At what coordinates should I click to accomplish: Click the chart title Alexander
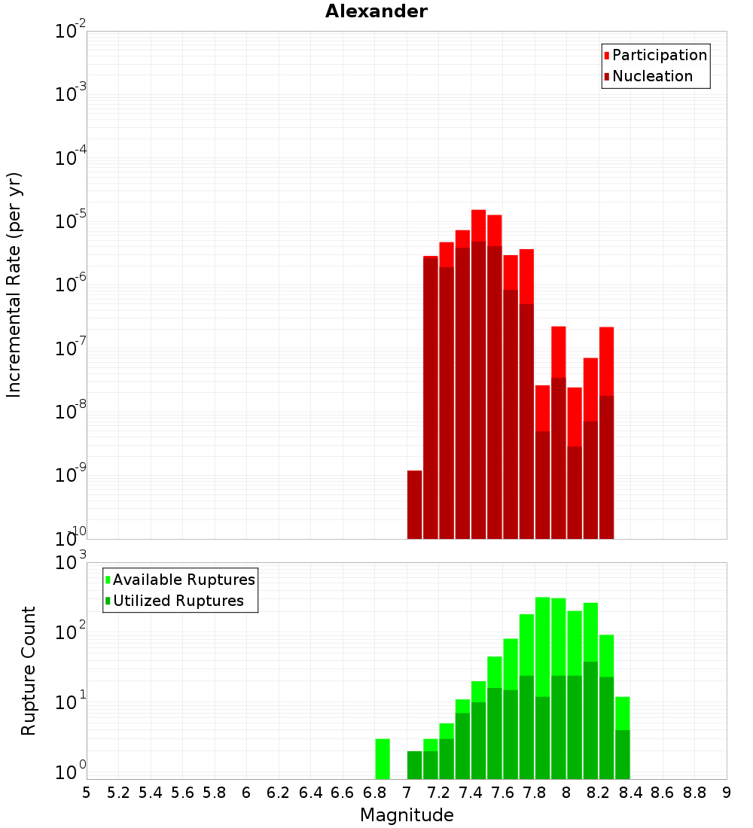[x=376, y=11]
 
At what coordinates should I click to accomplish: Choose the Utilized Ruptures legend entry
[x=178, y=601]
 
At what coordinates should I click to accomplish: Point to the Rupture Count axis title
[x=29, y=671]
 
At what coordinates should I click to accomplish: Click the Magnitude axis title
[x=407, y=815]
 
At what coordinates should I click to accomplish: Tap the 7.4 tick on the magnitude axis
[x=471, y=793]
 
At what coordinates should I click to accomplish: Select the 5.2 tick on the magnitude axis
[x=118, y=793]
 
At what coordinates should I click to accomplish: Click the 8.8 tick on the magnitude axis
[x=694, y=793]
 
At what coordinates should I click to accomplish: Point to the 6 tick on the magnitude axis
[x=246, y=793]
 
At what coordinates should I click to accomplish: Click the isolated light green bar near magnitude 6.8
[x=383, y=759]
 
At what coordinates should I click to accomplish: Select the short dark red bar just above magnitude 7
[x=414, y=504]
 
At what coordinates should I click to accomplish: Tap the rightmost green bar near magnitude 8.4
[x=622, y=738]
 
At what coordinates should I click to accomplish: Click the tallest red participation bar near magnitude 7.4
[x=478, y=226]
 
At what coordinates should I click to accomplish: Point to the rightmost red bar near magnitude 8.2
[x=606, y=361]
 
